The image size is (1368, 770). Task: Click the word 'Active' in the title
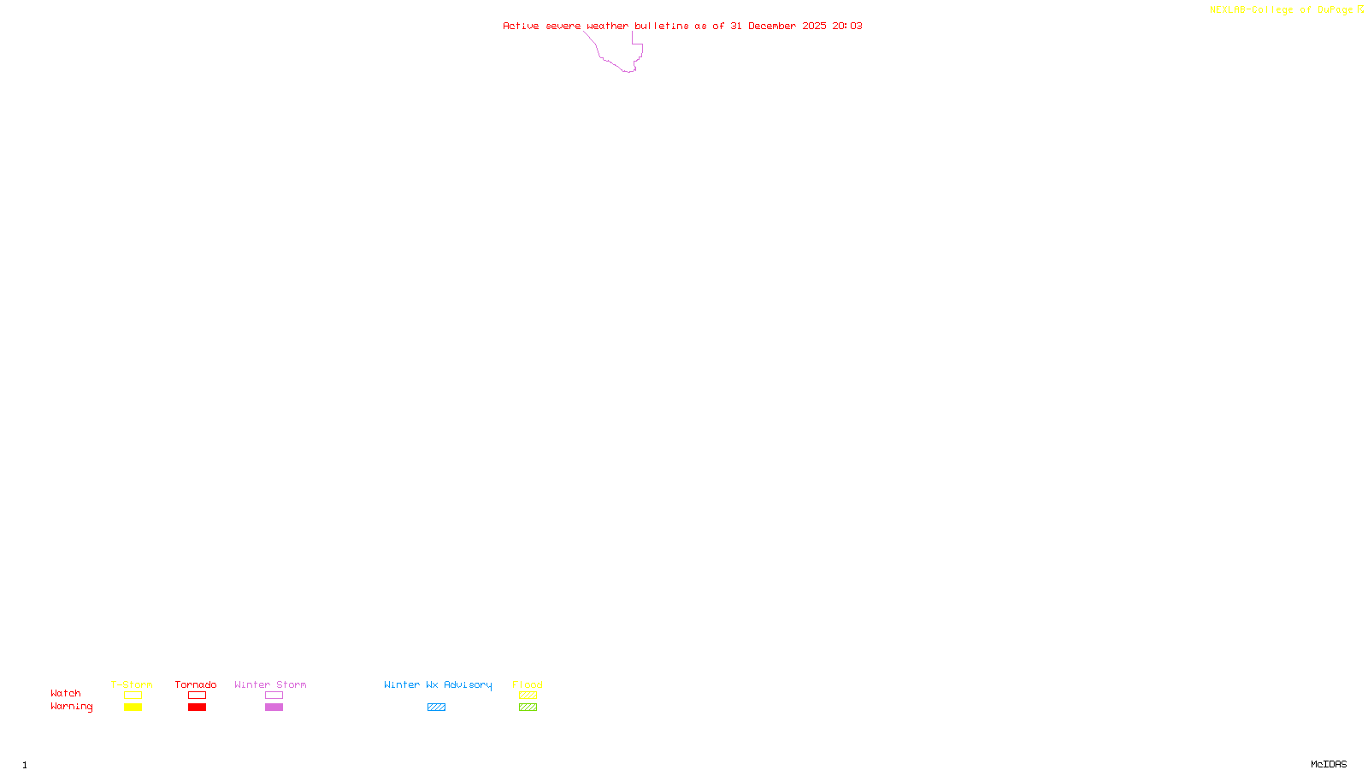click(521, 26)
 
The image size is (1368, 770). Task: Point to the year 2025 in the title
click(814, 26)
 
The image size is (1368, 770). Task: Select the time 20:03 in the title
click(847, 26)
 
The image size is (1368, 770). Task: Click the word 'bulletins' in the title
click(661, 26)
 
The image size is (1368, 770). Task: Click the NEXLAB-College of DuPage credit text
click(1281, 10)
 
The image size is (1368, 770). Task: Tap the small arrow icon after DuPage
click(1360, 9)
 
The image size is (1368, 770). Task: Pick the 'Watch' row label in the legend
click(66, 694)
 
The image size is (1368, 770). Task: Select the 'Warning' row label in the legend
click(71, 707)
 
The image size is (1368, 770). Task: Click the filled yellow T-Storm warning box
click(133, 708)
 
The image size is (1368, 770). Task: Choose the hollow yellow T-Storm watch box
click(133, 696)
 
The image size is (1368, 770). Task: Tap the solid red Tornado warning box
click(197, 708)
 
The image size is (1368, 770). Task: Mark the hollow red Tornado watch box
click(197, 696)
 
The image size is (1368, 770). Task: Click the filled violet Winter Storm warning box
click(274, 708)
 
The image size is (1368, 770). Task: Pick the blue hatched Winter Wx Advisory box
click(436, 708)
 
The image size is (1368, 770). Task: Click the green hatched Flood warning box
click(528, 708)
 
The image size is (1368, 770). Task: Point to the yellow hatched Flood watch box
click(528, 696)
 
